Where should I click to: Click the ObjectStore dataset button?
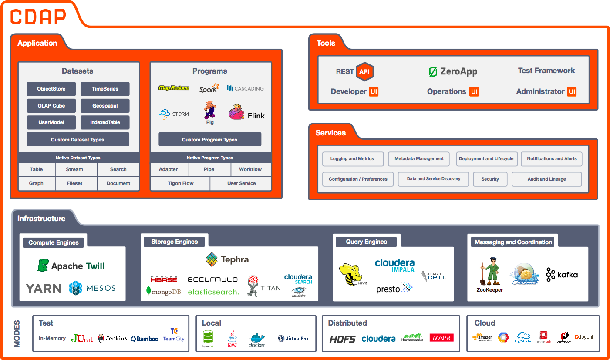[x=51, y=89]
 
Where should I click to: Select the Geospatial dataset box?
[x=105, y=106]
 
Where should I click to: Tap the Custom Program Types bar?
[x=209, y=140]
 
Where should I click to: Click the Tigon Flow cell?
[x=180, y=183]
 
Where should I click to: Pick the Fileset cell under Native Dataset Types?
[x=74, y=183]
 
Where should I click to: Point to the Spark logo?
[x=209, y=88]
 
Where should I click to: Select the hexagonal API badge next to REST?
[x=364, y=72]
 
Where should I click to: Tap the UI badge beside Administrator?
[x=572, y=91]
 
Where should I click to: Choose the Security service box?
[x=490, y=179]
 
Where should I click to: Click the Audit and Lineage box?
[x=546, y=179]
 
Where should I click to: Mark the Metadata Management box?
[x=419, y=159]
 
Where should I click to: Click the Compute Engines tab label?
[x=54, y=242]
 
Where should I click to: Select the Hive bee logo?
[x=352, y=274]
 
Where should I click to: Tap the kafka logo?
[x=562, y=274]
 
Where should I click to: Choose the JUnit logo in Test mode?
[x=82, y=338]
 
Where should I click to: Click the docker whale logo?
[x=256, y=339]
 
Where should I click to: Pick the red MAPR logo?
[x=441, y=338]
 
